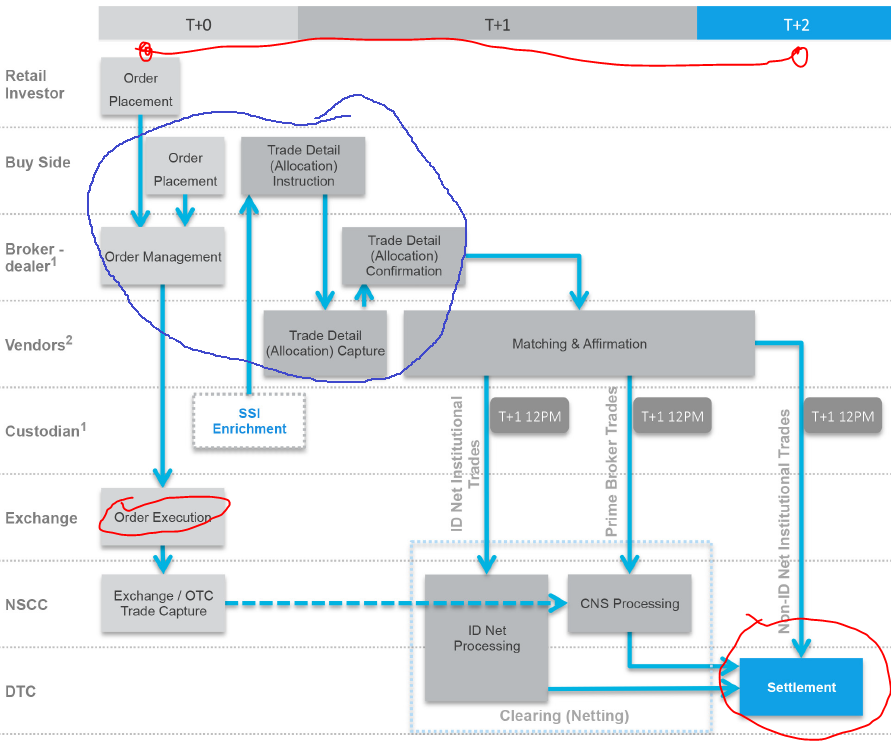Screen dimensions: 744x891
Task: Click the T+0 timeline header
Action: click(x=198, y=24)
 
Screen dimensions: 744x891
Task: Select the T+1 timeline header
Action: click(x=497, y=24)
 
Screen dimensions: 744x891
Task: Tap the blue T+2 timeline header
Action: click(x=794, y=24)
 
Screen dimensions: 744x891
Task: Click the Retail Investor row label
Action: click(x=35, y=85)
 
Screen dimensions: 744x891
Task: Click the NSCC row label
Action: click(x=26, y=604)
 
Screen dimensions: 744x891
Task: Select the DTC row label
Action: click(x=21, y=691)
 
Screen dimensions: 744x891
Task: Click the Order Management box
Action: click(x=163, y=257)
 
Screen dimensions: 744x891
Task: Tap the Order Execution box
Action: click(x=163, y=517)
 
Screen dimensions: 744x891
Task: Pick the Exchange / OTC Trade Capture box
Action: click(x=163, y=604)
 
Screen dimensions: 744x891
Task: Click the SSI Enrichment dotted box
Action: click(x=249, y=421)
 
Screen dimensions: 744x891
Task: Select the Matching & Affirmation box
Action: click(x=579, y=344)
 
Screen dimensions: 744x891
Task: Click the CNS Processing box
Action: click(x=629, y=604)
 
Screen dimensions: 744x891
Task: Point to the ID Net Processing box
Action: click(x=486, y=638)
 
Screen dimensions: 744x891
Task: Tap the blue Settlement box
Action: click(x=801, y=687)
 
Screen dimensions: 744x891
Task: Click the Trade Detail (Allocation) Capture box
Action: click(x=325, y=343)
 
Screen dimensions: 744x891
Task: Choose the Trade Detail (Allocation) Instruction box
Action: click(x=303, y=166)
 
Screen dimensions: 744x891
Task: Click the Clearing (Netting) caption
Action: click(x=564, y=716)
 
